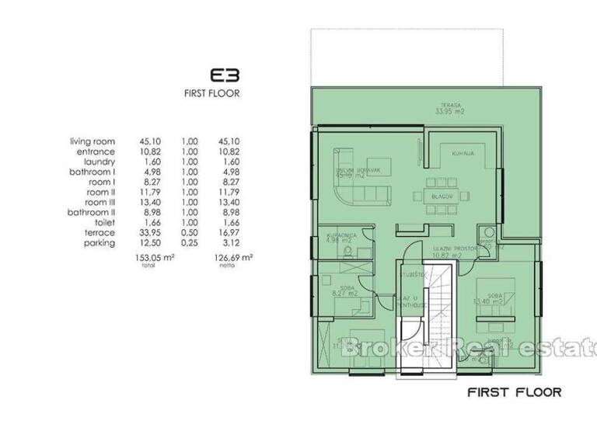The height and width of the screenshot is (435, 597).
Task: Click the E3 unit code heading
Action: [x=224, y=76]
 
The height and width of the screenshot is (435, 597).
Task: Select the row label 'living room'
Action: [x=93, y=141]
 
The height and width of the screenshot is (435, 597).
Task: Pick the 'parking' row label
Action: [x=99, y=242]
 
